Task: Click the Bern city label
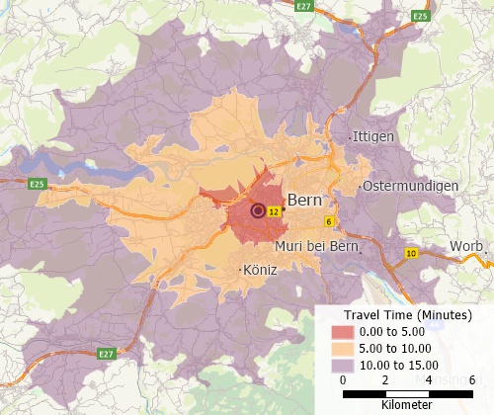coord(305,200)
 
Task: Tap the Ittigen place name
coord(372,136)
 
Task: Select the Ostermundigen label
coord(410,186)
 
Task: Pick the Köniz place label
coord(259,269)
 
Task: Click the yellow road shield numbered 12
coord(275,211)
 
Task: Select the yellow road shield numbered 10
coord(411,254)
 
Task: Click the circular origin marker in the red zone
coord(259,210)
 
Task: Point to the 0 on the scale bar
coord(342,380)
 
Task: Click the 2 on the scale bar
coord(385,380)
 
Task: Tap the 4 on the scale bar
coord(429,380)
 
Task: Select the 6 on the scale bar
coord(472,380)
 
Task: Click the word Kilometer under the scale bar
coord(406,405)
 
